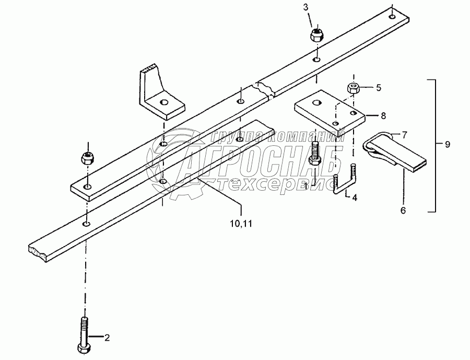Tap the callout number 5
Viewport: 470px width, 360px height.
click(379, 87)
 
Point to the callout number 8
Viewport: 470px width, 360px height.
click(383, 115)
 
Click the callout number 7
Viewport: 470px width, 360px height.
click(404, 135)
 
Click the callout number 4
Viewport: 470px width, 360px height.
click(354, 198)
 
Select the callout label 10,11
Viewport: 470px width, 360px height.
click(241, 224)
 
